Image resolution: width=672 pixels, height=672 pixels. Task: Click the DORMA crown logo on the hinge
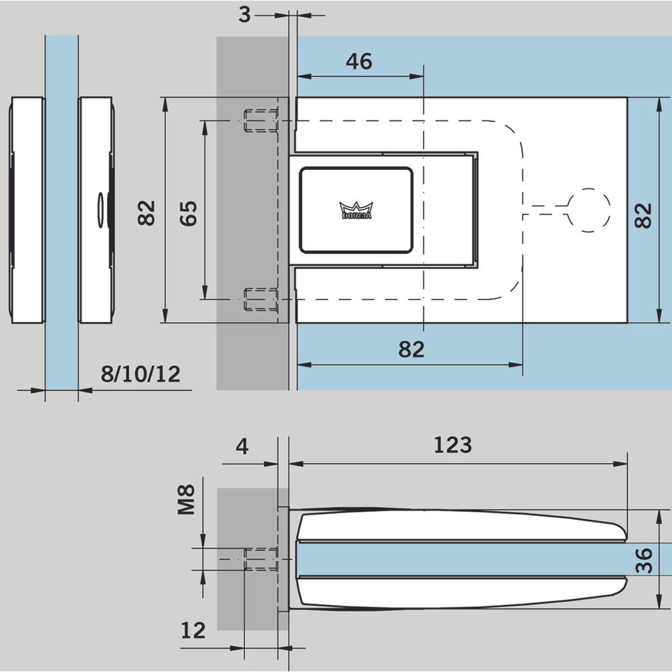click(x=356, y=210)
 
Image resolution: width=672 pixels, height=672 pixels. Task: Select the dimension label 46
click(x=359, y=62)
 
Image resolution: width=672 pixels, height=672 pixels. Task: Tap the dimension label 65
click(x=190, y=212)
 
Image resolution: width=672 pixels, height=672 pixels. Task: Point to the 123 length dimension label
click(x=452, y=444)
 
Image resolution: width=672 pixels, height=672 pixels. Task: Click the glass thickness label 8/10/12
click(x=140, y=375)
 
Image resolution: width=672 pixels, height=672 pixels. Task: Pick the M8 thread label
click(x=187, y=499)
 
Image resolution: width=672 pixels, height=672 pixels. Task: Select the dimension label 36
click(x=644, y=560)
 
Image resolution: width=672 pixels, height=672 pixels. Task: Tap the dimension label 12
click(x=193, y=630)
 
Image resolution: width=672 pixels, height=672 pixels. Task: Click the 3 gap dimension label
click(x=245, y=15)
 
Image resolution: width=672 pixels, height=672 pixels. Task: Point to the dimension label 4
click(x=242, y=446)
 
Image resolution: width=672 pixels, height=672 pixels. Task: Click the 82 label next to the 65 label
click(x=147, y=212)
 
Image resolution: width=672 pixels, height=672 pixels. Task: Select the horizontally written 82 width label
click(x=411, y=349)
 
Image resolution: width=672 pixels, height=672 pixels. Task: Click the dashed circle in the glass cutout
click(x=588, y=210)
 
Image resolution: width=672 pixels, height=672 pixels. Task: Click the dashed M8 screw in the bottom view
click(x=261, y=559)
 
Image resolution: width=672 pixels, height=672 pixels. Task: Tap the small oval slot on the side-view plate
click(x=101, y=210)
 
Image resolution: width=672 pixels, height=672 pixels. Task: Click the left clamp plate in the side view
click(x=27, y=210)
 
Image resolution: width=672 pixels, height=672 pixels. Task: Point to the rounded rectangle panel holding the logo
click(x=356, y=210)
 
